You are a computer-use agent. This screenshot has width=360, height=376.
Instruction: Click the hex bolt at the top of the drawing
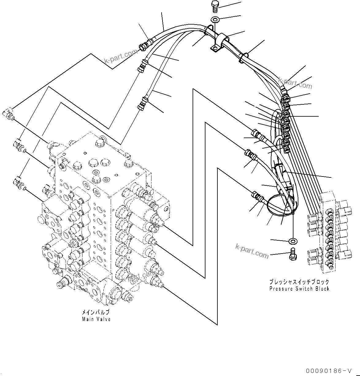[214, 6]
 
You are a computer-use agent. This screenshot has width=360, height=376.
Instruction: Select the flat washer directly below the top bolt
[215, 20]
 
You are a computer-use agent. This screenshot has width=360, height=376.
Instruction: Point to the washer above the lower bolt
[292, 240]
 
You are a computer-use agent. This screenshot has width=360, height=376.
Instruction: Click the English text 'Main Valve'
[96, 319]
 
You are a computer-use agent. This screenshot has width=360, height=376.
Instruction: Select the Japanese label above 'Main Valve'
[95, 312]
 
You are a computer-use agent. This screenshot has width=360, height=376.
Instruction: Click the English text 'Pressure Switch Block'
[299, 289]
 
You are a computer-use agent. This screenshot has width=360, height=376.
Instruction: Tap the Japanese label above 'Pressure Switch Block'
[299, 282]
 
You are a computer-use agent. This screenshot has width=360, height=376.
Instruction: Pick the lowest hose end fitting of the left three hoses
[142, 103]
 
